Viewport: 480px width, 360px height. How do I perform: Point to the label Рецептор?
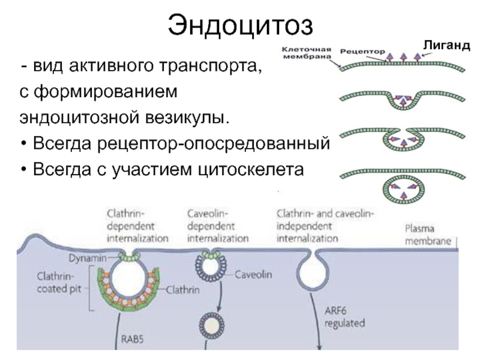(x=361, y=52)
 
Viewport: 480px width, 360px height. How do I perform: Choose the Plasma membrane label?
(x=428, y=234)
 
